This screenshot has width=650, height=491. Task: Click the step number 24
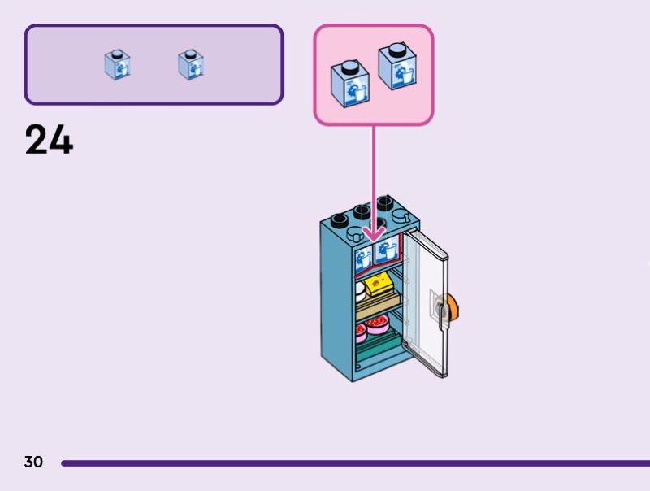tap(49, 140)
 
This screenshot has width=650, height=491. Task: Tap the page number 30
tap(33, 463)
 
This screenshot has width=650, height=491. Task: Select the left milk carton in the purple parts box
tap(117, 65)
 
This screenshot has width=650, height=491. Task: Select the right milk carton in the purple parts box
tap(191, 65)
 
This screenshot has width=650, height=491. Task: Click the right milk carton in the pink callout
tap(397, 66)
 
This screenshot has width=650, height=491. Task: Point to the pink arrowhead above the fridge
tap(374, 233)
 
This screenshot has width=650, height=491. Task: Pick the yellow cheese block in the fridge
tap(379, 285)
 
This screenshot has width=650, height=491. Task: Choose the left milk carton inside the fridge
tap(362, 259)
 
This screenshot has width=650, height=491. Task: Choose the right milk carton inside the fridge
tap(386, 251)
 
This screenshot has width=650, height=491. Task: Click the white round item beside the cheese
tap(359, 289)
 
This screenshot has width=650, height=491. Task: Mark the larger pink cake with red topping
tap(377, 326)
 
